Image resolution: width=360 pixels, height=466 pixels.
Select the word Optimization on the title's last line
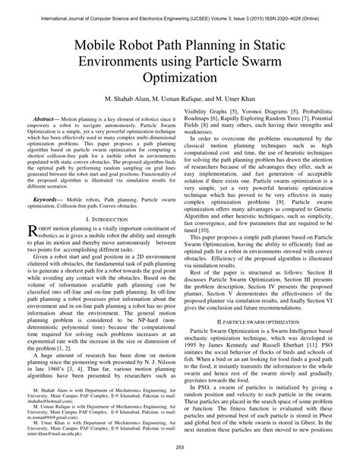180,78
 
